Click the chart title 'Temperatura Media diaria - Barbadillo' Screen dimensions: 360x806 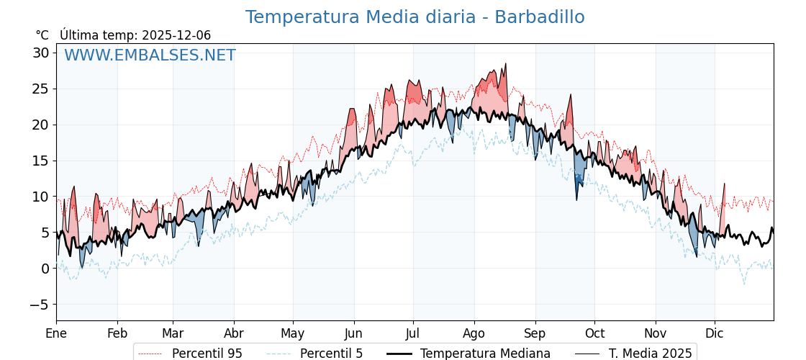click(415, 17)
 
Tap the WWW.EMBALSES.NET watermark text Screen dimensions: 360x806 click(150, 55)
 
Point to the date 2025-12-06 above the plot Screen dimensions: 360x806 click(176, 35)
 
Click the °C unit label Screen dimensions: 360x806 click(42, 35)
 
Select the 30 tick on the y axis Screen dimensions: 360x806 click(40, 53)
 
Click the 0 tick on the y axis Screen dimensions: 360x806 click(45, 269)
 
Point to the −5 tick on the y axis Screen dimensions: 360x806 click(39, 305)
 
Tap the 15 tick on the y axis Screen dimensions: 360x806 click(40, 161)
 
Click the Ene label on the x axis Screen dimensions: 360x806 click(56, 333)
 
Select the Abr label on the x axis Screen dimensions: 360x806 click(234, 333)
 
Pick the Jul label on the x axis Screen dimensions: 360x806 click(413, 333)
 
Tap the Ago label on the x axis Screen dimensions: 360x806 click(474, 333)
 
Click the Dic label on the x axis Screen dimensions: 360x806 click(715, 333)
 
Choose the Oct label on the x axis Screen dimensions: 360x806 click(594, 333)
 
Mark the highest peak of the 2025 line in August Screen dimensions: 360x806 click(505, 64)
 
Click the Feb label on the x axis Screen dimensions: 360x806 click(117, 333)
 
